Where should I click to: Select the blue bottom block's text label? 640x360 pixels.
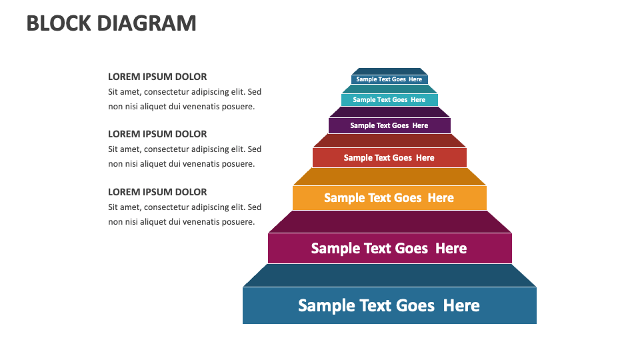389,305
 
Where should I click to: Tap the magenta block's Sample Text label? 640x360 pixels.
389,248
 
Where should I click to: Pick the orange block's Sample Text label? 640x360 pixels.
389,198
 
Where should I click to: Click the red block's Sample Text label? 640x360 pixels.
389,158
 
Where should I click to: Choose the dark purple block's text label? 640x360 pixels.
389,125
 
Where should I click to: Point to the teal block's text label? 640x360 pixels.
389,100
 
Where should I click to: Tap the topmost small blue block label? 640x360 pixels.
389,79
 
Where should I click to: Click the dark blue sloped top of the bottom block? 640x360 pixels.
389,275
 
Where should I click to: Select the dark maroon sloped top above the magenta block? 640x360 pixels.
389,222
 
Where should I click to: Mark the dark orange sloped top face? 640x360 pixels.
389,177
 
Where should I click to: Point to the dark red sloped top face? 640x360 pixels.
389,141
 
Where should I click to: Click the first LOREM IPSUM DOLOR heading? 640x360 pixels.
157,77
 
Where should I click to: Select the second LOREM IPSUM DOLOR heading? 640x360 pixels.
157,134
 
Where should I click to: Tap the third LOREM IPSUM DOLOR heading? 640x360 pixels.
157,192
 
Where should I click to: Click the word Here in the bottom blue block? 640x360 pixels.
461,305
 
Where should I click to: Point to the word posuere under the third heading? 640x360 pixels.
238,222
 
